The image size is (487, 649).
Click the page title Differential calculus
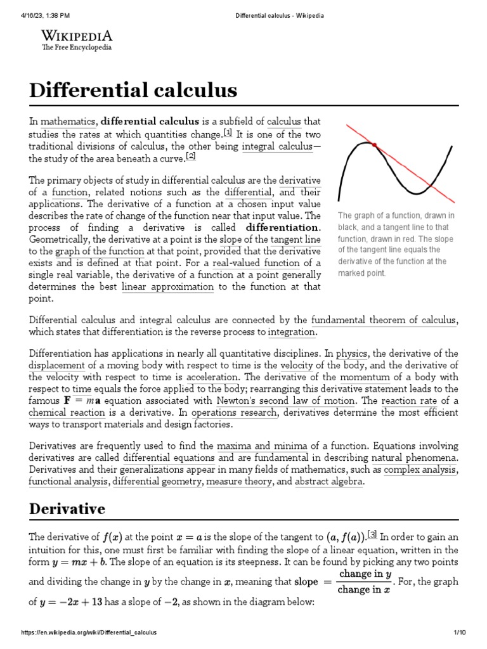tap(133, 90)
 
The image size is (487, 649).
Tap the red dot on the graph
tap(374, 146)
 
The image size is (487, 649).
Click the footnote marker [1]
tap(228, 132)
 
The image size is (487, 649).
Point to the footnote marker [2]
tap(191, 157)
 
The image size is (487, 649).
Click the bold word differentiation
tap(283, 227)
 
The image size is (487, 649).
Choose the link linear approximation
tap(167, 286)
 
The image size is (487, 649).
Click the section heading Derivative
tap(67, 509)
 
